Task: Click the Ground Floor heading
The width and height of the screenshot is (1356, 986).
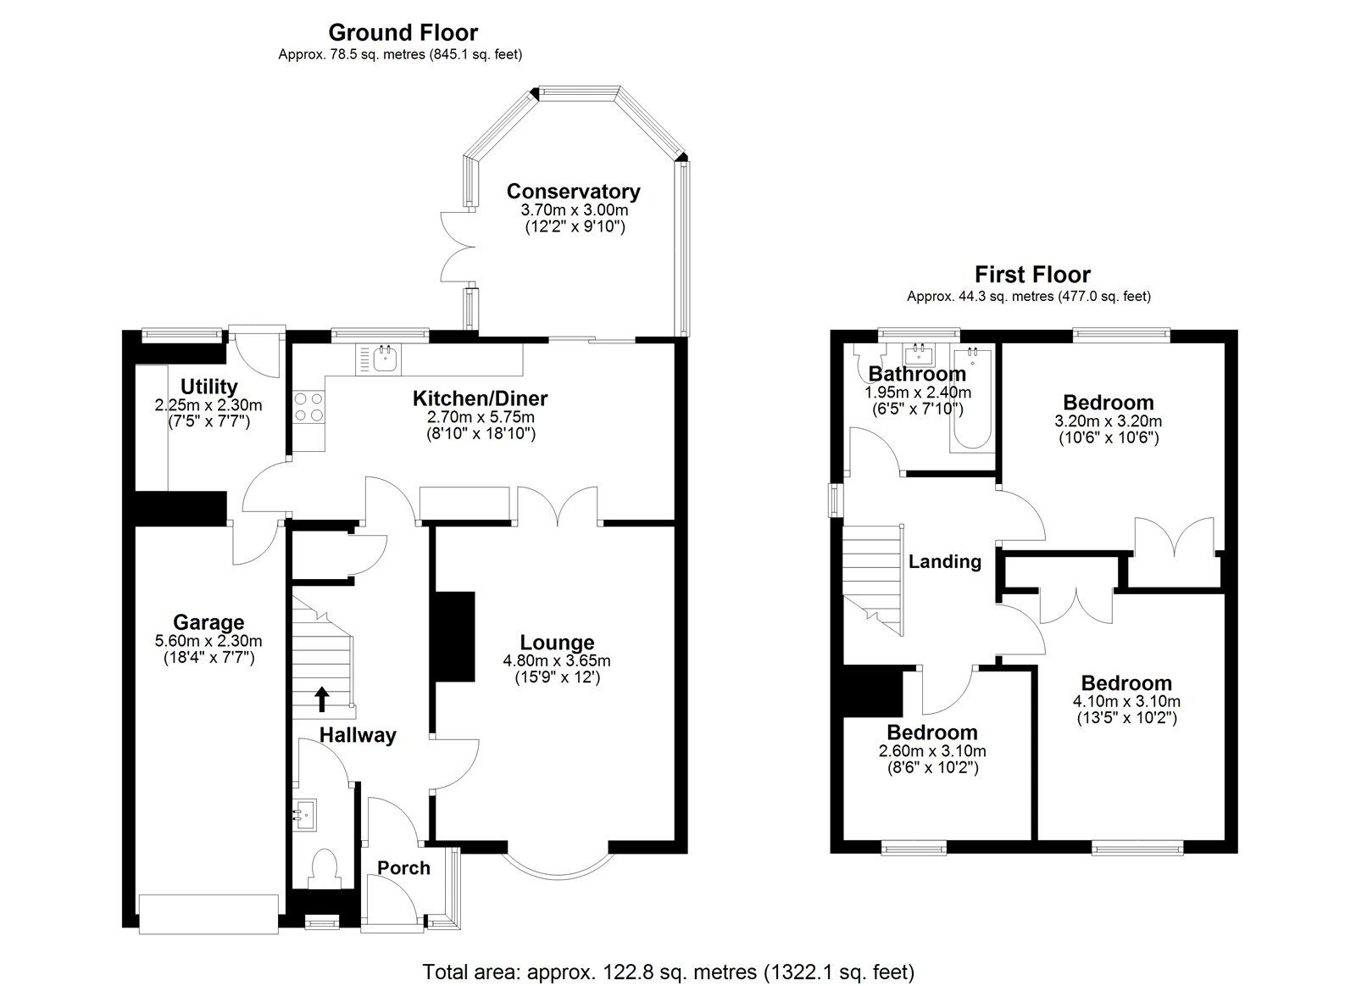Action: [403, 33]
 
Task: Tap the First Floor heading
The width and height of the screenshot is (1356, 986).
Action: [1031, 275]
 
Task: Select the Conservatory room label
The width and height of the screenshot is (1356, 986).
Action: [573, 192]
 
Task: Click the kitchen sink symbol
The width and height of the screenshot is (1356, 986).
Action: [385, 358]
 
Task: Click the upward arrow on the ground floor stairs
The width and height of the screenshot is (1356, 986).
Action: [322, 699]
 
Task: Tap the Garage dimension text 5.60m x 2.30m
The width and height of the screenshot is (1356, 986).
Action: [208, 641]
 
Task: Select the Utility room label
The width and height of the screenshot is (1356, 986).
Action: [208, 387]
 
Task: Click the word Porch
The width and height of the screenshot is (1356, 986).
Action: [403, 868]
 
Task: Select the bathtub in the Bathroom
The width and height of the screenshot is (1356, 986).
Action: [971, 398]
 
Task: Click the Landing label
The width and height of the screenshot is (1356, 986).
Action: [945, 561]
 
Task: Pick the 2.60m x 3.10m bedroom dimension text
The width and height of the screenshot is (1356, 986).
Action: [931, 751]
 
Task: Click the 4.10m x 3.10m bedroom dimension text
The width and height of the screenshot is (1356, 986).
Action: [1125, 702]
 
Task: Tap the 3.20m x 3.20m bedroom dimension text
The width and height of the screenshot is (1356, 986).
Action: [1109, 421]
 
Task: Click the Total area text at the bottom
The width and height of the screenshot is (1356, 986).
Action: [669, 972]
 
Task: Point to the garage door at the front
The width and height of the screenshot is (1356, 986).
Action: [208, 914]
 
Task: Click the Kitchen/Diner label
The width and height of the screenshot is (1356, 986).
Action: [480, 398]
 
